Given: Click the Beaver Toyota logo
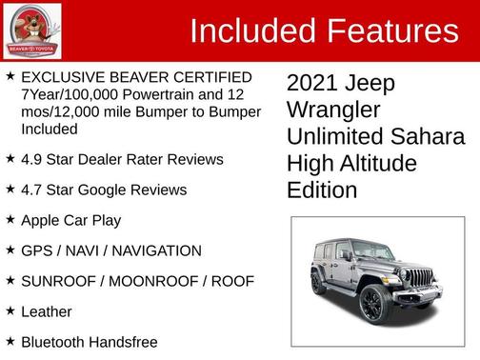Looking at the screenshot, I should [x=32, y=30].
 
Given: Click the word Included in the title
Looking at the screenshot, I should [x=253, y=30].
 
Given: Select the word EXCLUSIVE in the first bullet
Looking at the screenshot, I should [x=61, y=76].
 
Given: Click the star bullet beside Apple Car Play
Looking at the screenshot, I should [x=10, y=220].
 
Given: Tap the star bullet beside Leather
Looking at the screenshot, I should [x=10, y=310].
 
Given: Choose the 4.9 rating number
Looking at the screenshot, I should [x=32, y=159].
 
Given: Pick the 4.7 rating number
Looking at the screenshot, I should [x=32, y=190].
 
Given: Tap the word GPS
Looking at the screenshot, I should [x=36, y=250].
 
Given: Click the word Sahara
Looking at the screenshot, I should [x=427, y=137].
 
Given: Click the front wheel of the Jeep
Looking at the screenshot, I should [x=372, y=304].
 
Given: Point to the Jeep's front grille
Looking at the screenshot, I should [x=420, y=279].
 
